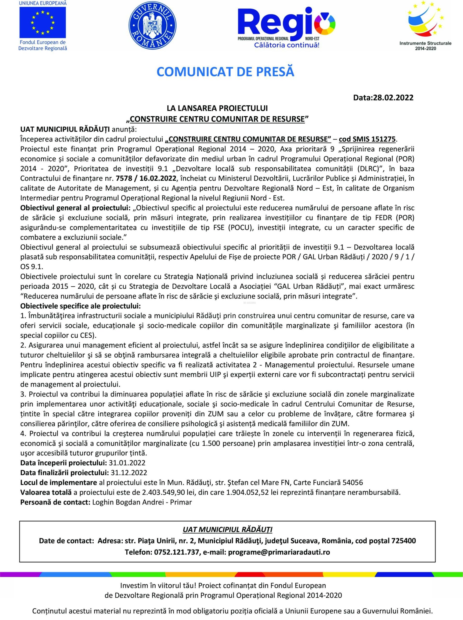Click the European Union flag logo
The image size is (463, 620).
click(x=43, y=22)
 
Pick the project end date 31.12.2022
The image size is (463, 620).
click(x=129, y=473)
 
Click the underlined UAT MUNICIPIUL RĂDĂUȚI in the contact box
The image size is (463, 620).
click(x=227, y=530)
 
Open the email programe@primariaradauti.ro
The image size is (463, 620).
click(x=279, y=552)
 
